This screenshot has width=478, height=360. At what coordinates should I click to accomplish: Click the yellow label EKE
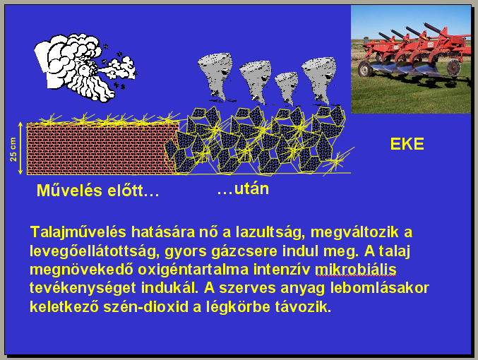[407, 144]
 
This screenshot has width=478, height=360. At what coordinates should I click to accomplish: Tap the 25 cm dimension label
[13, 150]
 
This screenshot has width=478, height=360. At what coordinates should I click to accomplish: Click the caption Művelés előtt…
[97, 191]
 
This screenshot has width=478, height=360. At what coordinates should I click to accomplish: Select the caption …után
[243, 189]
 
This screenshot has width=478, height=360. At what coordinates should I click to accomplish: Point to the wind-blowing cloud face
[85, 67]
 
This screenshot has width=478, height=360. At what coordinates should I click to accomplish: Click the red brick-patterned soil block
[102, 148]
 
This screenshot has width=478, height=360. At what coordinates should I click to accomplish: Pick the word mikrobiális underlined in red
[355, 270]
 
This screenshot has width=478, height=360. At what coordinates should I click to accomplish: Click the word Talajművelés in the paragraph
[78, 232]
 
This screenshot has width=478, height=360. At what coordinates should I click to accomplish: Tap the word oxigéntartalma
[193, 270]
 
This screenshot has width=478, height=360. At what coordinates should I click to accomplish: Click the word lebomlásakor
[380, 288]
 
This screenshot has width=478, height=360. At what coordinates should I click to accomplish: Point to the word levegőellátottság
[95, 251]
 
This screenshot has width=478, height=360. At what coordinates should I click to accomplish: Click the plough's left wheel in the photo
[365, 68]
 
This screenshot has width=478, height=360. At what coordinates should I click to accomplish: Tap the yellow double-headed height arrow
[20, 148]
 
